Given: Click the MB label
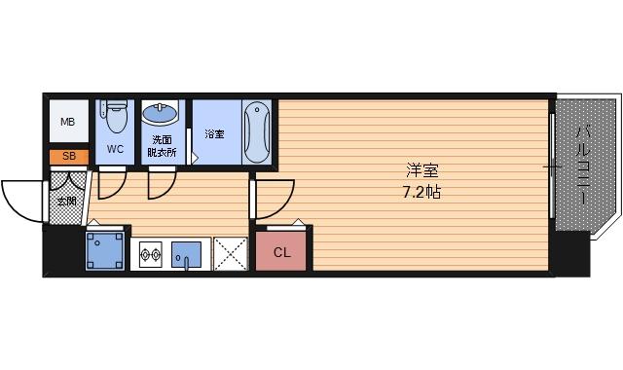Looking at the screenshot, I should pyautogui.click(x=67, y=123).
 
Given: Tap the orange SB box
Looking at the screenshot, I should pyautogui.click(x=68, y=156).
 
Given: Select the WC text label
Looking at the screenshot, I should pyautogui.click(x=115, y=149).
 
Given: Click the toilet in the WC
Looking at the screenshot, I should pyautogui.click(x=116, y=117).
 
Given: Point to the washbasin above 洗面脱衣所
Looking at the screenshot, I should pyautogui.click(x=160, y=115).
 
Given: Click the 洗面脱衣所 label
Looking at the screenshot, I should pyautogui.click(x=162, y=146).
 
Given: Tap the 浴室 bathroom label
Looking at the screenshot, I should pyautogui.click(x=214, y=132).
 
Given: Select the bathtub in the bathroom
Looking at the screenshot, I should pyautogui.click(x=256, y=131).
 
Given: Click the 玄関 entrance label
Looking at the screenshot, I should pyautogui.click(x=66, y=202).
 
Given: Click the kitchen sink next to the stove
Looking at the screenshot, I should pyautogui.click(x=187, y=255).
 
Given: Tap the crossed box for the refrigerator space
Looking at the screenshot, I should pyautogui.click(x=231, y=254).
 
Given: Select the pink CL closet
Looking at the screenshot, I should pyautogui.click(x=281, y=251).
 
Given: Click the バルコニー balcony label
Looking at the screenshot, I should pyautogui.click(x=583, y=165).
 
